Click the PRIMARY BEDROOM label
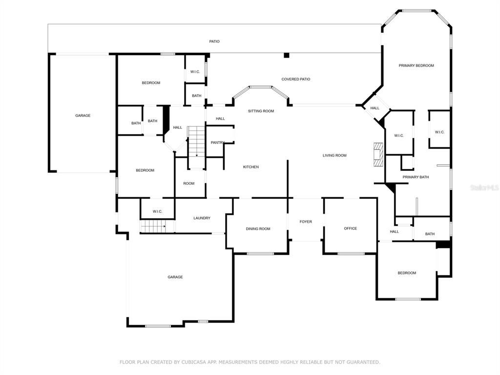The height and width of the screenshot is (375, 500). (x=416, y=65)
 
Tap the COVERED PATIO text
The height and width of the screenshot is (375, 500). (x=295, y=79)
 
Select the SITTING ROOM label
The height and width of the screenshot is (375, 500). (x=261, y=111)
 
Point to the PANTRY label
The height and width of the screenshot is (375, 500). (x=217, y=143)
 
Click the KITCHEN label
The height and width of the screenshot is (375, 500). (x=251, y=167)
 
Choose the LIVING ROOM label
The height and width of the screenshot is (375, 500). (x=334, y=156)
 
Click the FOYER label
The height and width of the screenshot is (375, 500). (x=306, y=222)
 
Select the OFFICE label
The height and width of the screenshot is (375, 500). (x=350, y=229)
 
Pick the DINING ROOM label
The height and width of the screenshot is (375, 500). (x=258, y=229)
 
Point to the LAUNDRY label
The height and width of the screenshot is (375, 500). (x=202, y=218)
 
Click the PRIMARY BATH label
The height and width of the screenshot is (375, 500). (x=416, y=177)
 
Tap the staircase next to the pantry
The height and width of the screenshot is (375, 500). (x=196, y=141)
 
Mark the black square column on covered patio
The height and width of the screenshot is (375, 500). (x=287, y=56)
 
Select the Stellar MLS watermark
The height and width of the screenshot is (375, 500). (x=483, y=187)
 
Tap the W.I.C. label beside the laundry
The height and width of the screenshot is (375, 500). (x=157, y=211)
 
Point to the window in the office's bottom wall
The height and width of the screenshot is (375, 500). (x=351, y=253)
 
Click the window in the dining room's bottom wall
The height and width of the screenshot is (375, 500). (x=260, y=253)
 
